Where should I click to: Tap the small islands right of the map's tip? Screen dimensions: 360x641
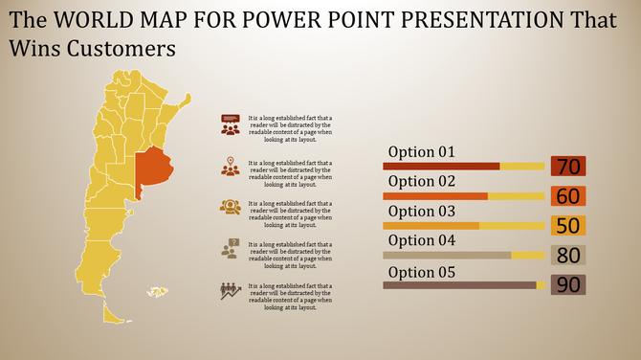coord(157,291)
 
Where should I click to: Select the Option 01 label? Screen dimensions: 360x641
coord(421,152)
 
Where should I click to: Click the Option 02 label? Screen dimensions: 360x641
coord(421,181)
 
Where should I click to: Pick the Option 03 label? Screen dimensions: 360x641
coord(421,211)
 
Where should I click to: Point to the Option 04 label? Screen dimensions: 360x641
coord(421,240)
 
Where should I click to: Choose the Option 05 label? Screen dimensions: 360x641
coord(421,271)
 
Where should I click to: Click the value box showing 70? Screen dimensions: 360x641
coord(568,167)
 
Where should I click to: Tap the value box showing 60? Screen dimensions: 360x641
coord(568,196)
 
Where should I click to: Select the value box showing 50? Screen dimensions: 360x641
coord(568,226)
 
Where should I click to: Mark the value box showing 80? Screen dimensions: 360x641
coord(568,256)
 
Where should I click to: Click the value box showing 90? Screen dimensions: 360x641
coord(568,284)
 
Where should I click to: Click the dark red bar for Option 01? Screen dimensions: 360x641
coord(441,167)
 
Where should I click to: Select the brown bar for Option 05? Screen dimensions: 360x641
coord(459,285)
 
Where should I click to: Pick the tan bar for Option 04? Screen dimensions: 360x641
coord(447,256)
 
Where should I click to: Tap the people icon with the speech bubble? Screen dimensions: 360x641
coord(230,124)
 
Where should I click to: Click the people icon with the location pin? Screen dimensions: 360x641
coord(230,166)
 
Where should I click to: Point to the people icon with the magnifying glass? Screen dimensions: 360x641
coord(230,207)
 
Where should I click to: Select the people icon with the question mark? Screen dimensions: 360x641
coord(230,248)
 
